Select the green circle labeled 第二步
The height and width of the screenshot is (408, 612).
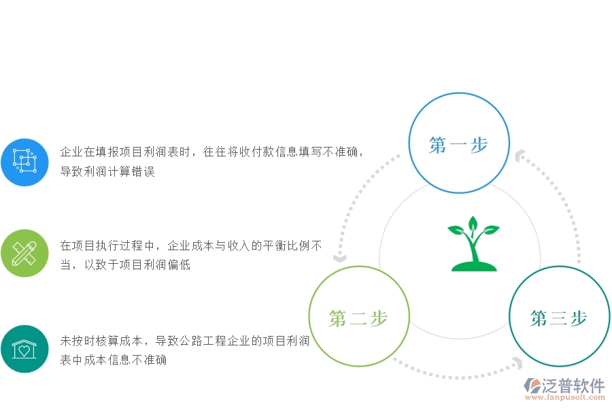[358, 318]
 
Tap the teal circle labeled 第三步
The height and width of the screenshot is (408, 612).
[559, 318]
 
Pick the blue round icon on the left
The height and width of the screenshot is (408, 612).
[24, 162]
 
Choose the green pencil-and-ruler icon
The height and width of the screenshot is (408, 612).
[24, 254]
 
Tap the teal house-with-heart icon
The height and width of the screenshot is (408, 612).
[24, 349]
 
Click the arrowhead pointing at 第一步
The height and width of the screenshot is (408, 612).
[521, 156]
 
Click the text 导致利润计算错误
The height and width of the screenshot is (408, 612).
[107, 171]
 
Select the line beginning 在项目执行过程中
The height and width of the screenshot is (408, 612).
[191, 246]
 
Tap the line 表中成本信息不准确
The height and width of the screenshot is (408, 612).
[114, 360]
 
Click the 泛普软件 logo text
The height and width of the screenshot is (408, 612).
[573, 386]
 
